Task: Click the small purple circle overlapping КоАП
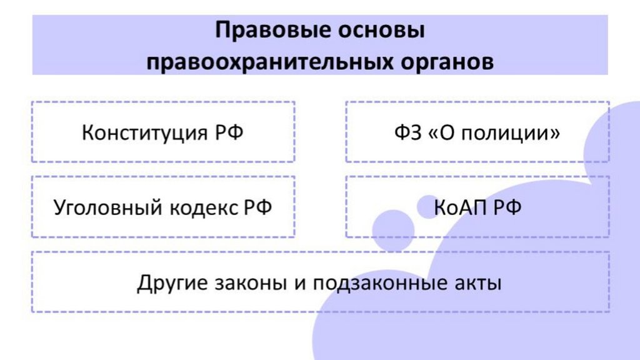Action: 428,207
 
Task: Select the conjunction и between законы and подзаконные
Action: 299,283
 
